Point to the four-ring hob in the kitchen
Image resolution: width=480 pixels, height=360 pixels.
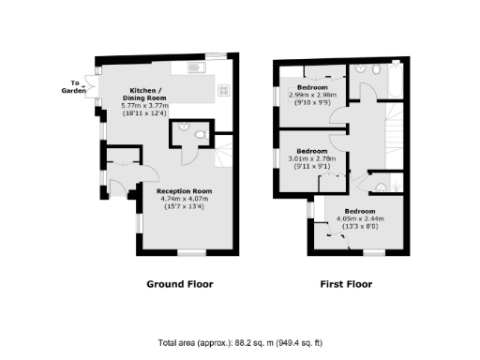point(225,89)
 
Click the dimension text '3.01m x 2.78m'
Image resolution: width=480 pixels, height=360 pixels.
point(312,160)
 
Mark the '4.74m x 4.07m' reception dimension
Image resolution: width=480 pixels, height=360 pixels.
point(182,199)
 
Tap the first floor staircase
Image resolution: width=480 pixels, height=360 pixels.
point(388,141)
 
